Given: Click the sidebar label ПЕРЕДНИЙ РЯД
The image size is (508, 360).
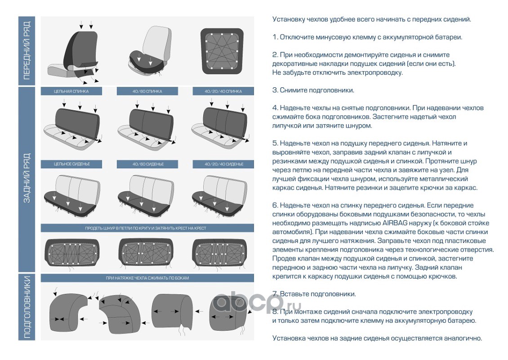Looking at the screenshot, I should pyautogui.click(x=27, y=51).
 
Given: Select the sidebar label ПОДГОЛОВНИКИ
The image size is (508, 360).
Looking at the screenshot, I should pyautogui.click(x=27, y=306).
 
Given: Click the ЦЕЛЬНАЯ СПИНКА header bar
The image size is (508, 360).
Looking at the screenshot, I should pyautogui.click(x=71, y=91).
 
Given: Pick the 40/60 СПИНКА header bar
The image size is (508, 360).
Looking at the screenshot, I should pyautogui.click(x=147, y=91).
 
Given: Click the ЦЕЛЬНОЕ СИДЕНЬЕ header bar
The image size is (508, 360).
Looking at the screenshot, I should pyautogui.click(x=71, y=164).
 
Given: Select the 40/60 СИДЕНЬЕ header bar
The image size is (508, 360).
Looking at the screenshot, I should pyautogui.click(x=147, y=164).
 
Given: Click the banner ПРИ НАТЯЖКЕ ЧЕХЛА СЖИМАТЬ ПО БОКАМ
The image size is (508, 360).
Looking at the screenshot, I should pyautogui.click(x=147, y=278).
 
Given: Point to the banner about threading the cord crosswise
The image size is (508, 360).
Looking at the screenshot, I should pyautogui.click(x=147, y=228).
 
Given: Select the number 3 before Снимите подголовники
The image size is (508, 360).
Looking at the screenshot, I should pyautogui.click(x=275, y=90).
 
